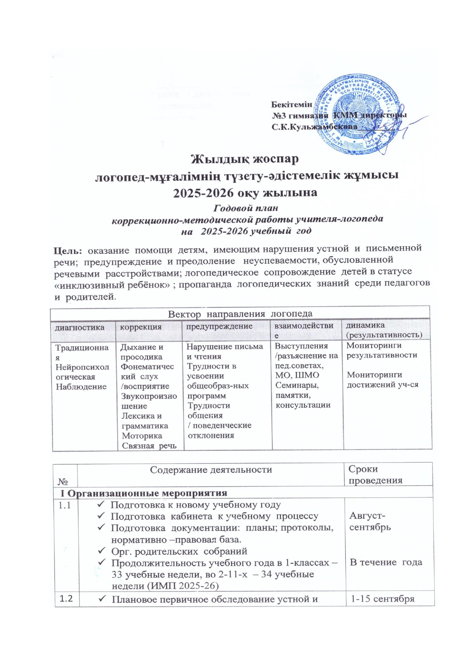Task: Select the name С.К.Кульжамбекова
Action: (314, 127)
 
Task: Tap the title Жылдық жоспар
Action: (245, 159)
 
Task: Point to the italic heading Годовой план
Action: (247, 208)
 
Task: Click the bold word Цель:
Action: (68, 249)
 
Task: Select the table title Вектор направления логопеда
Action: (240, 313)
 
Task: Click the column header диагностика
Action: (80, 327)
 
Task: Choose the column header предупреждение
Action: (219, 326)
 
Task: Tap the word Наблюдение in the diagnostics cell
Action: (81, 387)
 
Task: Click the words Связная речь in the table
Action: (149, 446)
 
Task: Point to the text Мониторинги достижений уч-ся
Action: (383, 380)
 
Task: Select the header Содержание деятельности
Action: (211, 470)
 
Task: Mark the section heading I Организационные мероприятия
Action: (144, 493)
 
